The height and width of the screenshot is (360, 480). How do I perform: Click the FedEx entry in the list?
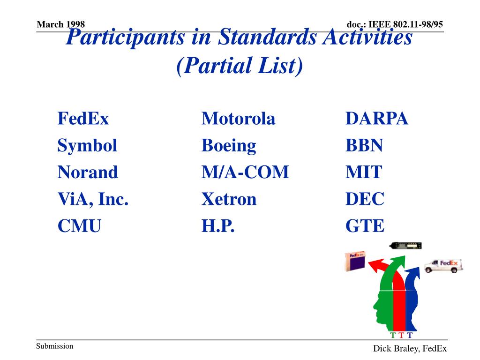pos(83,119)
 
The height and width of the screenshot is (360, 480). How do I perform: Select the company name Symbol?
pos(87,146)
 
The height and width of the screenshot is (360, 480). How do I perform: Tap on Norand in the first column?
pos(88,173)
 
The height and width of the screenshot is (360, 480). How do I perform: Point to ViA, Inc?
pos(93,200)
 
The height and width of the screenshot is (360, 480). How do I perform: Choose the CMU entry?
pos(79,227)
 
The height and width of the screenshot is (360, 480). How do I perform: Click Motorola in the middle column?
pos(238,119)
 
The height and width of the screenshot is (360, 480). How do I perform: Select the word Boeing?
pos(229,146)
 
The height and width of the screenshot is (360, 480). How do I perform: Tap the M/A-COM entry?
pos(245,173)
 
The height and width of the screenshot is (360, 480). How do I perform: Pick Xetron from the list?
pos(229,200)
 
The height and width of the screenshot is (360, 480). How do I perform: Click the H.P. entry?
pos(217,227)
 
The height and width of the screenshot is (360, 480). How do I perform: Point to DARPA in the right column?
pos(377,119)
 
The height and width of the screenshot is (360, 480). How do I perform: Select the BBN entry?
pos(364,146)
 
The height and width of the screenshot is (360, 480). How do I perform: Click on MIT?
pos(364,173)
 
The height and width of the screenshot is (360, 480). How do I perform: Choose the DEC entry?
pos(365,200)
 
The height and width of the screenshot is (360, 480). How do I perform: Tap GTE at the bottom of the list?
pos(365,227)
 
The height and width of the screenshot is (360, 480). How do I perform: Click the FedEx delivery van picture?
pos(443,265)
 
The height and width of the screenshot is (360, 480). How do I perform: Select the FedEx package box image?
pos(355,262)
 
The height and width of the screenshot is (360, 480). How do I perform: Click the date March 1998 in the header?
pos(60,24)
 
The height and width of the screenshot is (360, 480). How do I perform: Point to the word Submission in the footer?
pos(55,346)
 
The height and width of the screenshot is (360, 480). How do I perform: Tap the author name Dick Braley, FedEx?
pos(410,348)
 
